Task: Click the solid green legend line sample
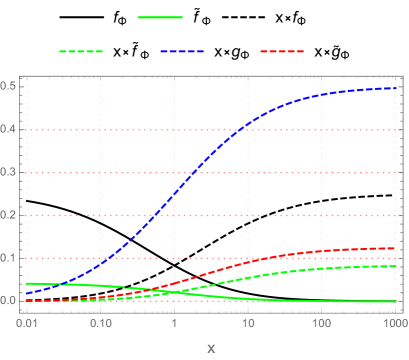160,17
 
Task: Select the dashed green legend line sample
81,50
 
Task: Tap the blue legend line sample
181,50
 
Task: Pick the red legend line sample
281,50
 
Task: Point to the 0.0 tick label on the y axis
10,301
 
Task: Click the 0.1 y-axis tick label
10,258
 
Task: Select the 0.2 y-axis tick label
10,215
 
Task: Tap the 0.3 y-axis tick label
10,172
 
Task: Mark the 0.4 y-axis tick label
10,129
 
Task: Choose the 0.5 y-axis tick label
10,86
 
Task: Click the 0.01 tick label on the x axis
27,325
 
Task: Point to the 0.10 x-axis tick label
100,325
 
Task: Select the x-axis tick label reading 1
174,325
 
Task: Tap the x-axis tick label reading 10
247,325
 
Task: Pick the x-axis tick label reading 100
320,325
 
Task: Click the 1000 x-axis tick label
393,325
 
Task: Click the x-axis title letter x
211,347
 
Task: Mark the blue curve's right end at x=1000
394,88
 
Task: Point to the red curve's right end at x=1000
394,248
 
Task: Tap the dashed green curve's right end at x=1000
394,266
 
